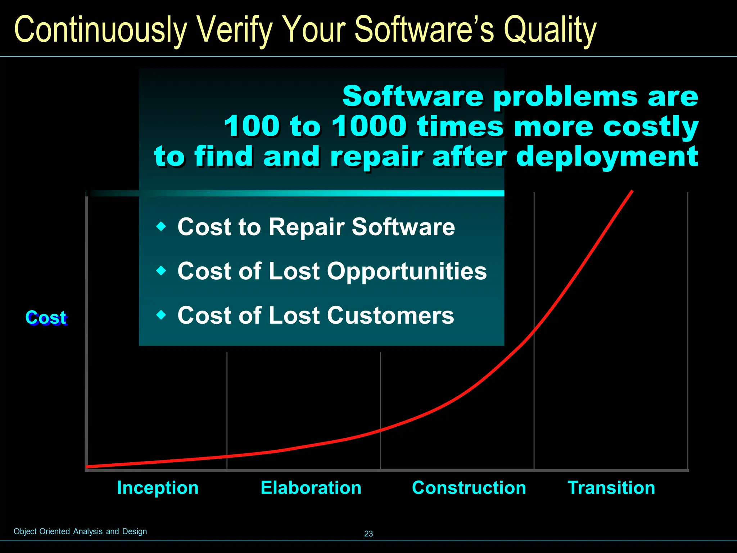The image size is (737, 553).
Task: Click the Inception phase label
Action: (x=158, y=488)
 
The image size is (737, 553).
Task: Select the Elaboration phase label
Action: (x=311, y=488)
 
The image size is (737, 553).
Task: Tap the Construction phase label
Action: (x=469, y=488)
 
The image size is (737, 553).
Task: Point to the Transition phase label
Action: (x=611, y=488)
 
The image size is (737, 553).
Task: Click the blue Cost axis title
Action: (x=46, y=318)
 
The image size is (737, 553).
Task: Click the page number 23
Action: (x=368, y=534)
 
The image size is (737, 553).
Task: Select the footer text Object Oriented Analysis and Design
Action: (x=80, y=531)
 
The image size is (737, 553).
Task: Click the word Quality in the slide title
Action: (x=550, y=30)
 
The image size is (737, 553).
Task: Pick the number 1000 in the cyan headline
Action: (x=369, y=126)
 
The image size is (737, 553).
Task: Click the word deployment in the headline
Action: (x=607, y=157)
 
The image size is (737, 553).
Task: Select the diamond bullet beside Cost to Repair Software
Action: (x=162, y=226)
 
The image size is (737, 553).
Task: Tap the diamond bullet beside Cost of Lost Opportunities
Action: (x=162, y=270)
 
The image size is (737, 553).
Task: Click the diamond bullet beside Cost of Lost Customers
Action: (x=162, y=315)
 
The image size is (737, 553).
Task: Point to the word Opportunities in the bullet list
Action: (x=407, y=271)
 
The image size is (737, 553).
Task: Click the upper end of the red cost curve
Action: (x=632, y=191)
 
